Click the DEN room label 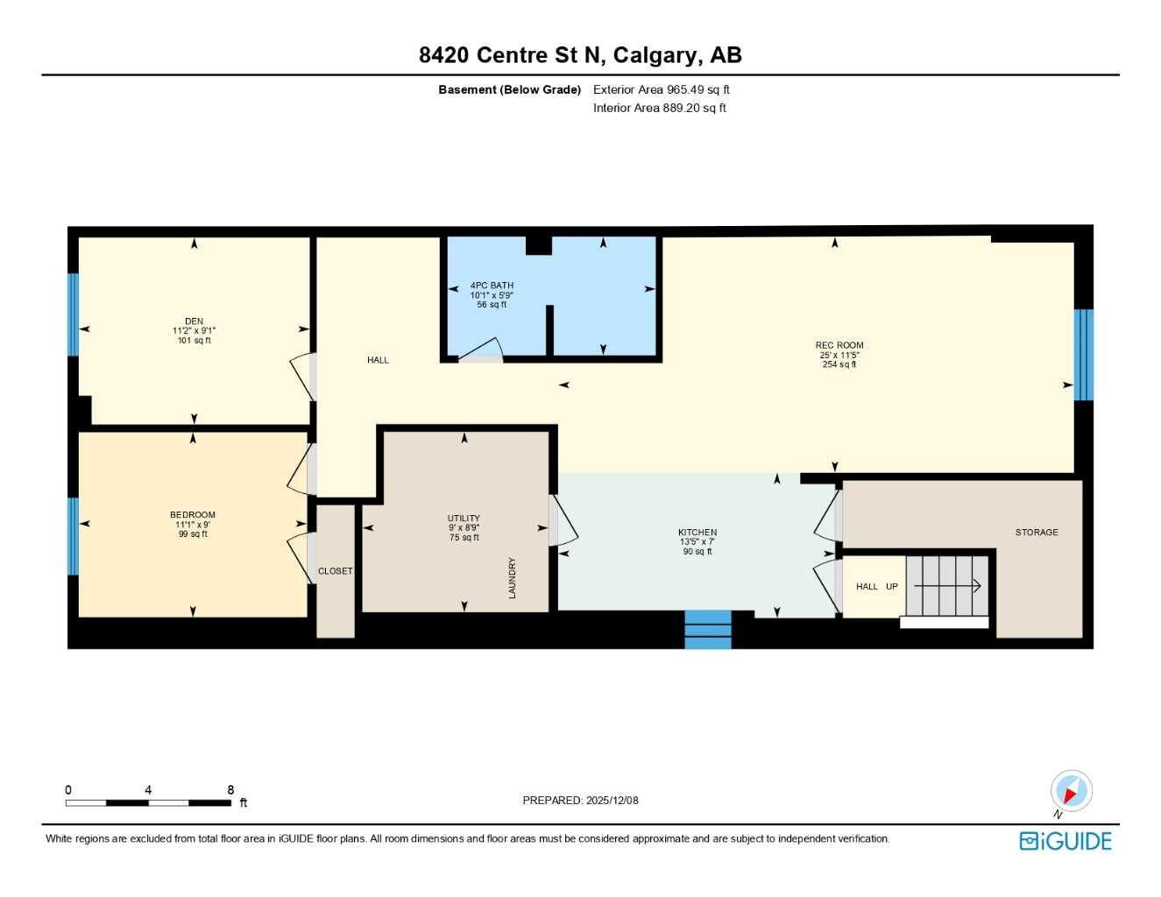[194, 321]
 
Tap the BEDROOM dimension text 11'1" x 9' [192, 525]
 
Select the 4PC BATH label [492, 286]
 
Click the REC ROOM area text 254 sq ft [839, 364]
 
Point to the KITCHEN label [697, 532]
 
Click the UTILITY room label [464, 518]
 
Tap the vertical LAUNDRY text [512, 577]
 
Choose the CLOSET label [335, 571]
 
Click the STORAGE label [1037, 532]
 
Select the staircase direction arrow [947, 586]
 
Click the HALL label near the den [378, 360]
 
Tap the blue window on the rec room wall [1084, 354]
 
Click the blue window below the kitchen [708, 629]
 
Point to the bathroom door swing [480, 350]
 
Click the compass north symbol [1071, 792]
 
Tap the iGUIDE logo [1065, 841]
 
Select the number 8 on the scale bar [230, 790]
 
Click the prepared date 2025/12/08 [612, 800]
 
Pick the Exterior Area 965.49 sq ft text [661, 89]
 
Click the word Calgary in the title [656, 55]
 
